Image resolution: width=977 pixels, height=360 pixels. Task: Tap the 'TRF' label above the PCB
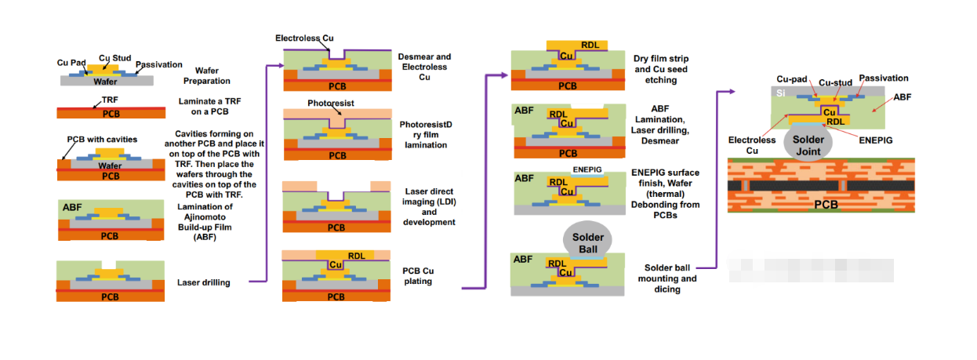110,101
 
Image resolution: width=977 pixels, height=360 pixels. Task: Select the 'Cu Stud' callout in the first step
114,58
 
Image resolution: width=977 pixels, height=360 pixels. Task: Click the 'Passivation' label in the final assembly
883,78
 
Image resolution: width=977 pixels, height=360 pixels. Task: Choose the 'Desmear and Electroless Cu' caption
424,67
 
